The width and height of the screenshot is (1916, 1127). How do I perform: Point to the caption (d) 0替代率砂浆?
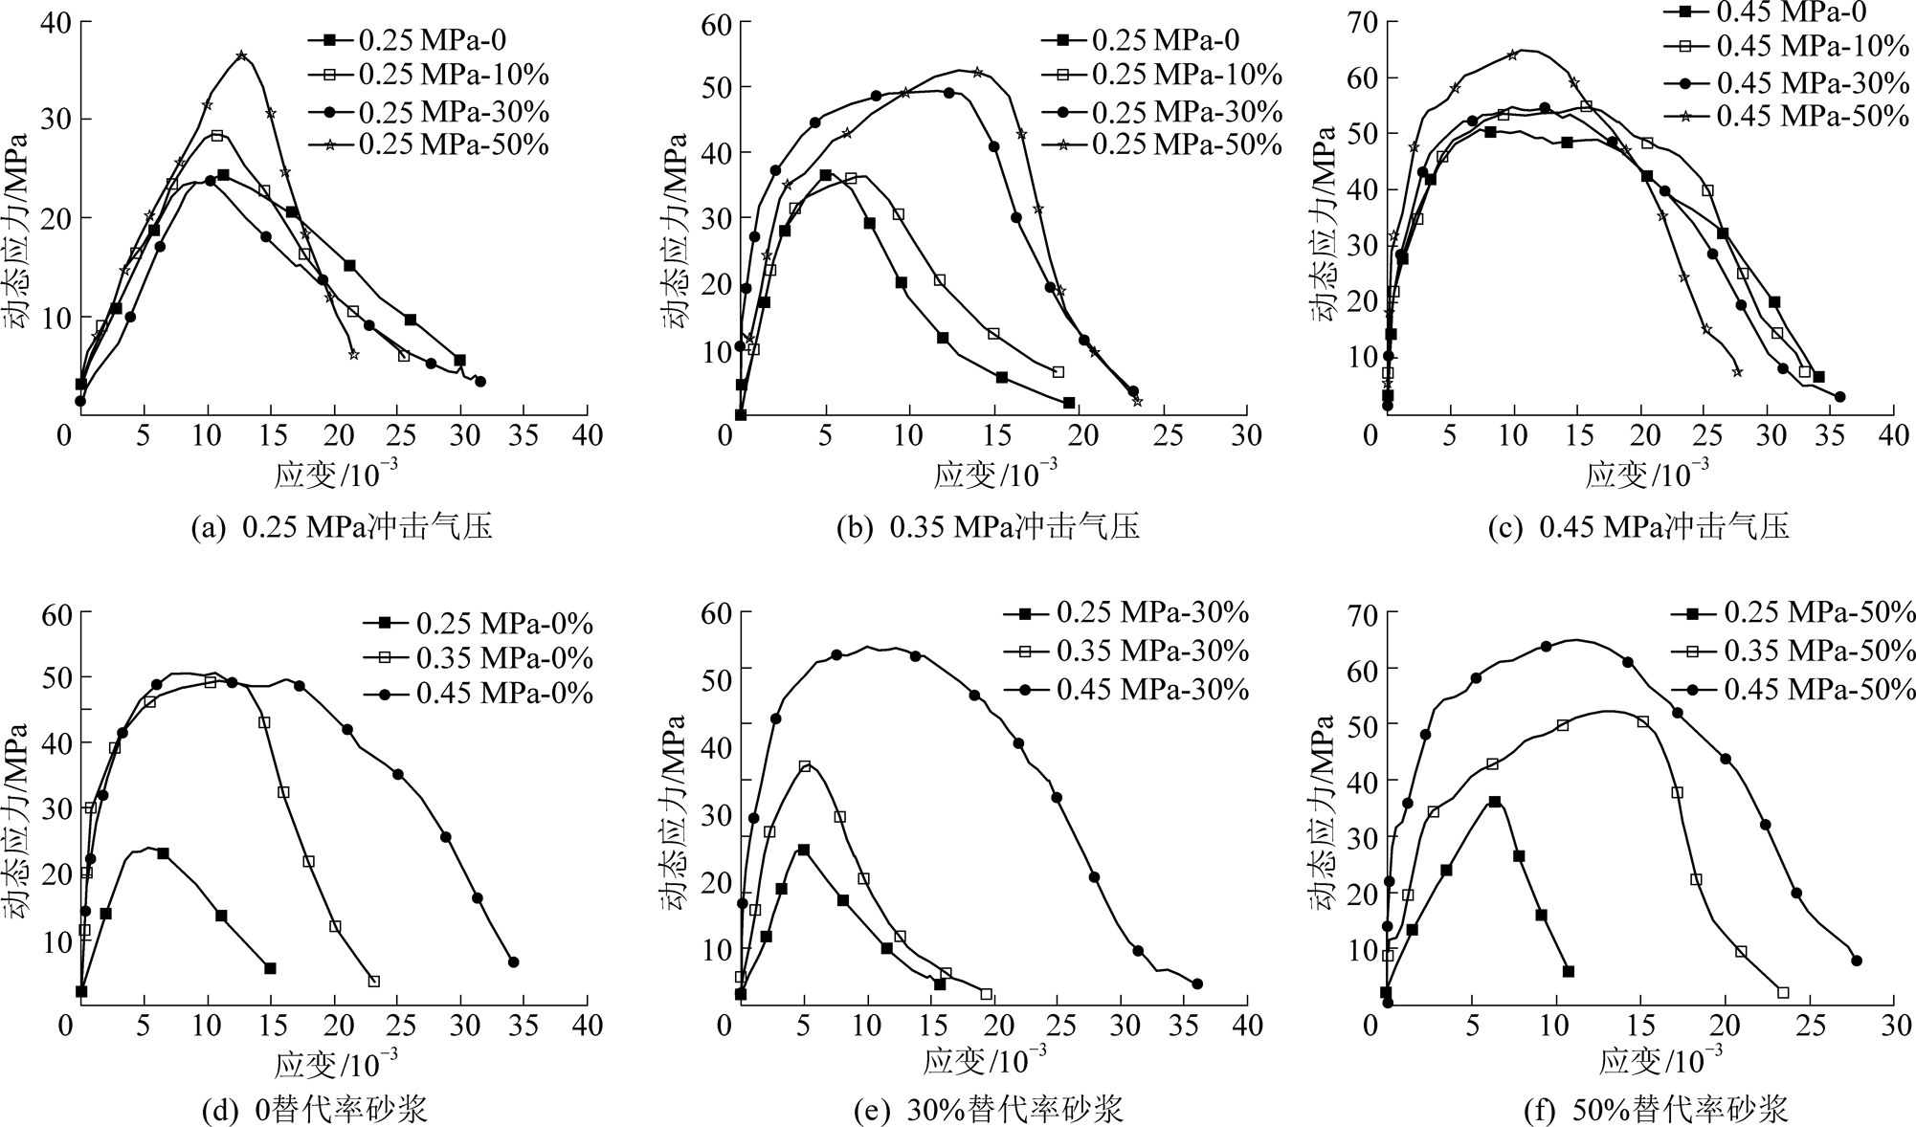[x=315, y=1110]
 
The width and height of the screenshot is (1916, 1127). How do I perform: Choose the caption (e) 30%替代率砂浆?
[x=988, y=1110]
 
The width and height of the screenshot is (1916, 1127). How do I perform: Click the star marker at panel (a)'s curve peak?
[x=241, y=56]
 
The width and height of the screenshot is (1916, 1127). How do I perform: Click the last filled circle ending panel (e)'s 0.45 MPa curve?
[x=1196, y=983]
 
